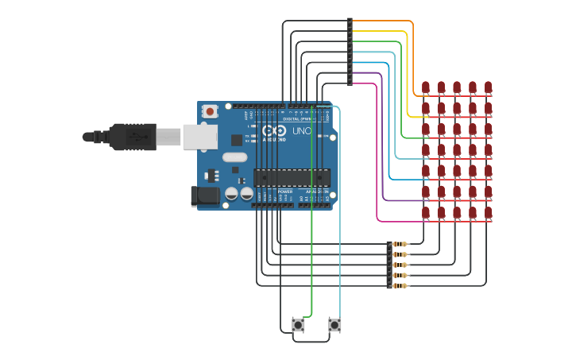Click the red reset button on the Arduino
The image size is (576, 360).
point(210,111)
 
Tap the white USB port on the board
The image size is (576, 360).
point(199,137)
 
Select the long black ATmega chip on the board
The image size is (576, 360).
point(292,180)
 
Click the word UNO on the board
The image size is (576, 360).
point(302,131)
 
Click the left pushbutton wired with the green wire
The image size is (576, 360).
point(299,324)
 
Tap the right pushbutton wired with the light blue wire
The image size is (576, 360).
point(334,324)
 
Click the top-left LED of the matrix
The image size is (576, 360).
point(426,87)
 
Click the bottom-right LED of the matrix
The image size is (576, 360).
point(488,213)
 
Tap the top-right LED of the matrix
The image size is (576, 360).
point(488,87)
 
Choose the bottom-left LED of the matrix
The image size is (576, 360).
point(426,213)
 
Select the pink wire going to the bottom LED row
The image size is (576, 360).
point(376,159)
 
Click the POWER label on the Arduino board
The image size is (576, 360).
point(285,192)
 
